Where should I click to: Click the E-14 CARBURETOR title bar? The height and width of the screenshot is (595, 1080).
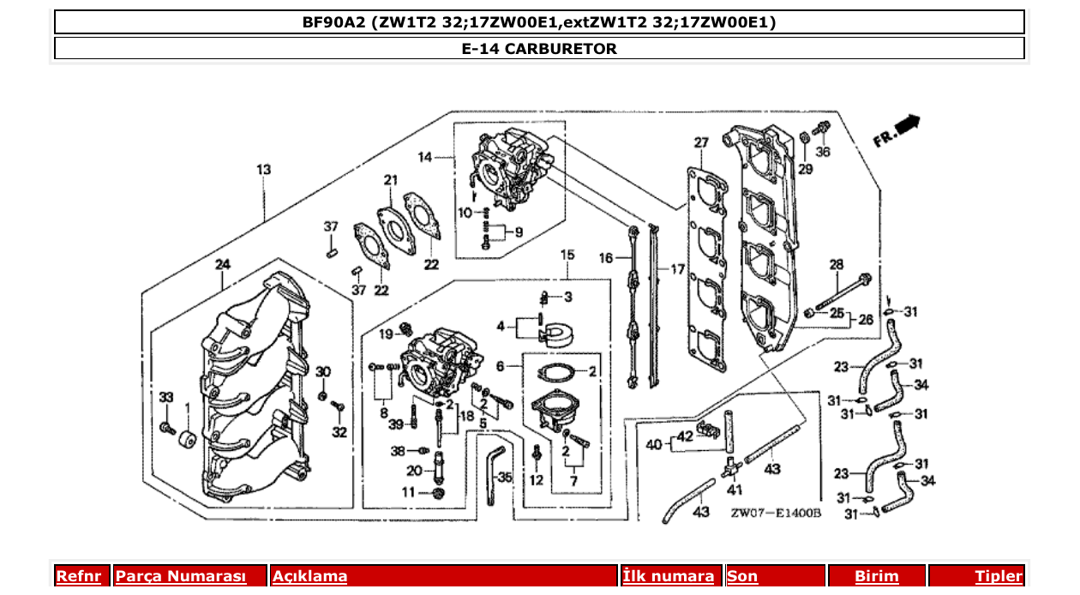tap(539, 49)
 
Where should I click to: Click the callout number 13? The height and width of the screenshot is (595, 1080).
tap(263, 170)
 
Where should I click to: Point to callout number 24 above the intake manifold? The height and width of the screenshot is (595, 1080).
tap(222, 264)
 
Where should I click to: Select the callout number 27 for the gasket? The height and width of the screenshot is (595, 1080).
tap(701, 142)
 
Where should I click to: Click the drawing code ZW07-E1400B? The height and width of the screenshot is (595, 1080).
tap(776, 513)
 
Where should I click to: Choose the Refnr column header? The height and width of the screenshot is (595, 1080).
tap(78, 576)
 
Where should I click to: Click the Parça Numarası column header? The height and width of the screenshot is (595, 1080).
tap(181, 576)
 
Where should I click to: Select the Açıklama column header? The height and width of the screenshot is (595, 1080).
tap(309, 576)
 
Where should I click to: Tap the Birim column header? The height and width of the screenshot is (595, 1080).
tap(876, 576)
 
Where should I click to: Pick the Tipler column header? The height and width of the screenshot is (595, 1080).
tap(999, 576)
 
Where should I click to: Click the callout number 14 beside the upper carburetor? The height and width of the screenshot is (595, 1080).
tap(426, 157)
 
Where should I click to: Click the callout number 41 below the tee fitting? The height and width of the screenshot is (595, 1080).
tap(735, 490)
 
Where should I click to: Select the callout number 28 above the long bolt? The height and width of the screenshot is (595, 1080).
tap(836, 265)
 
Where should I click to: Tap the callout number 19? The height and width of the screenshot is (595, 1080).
tap(386, 334)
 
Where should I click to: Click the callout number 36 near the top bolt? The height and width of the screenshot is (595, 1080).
tap(823, 152)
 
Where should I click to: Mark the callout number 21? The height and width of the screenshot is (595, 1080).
tap(391, 180)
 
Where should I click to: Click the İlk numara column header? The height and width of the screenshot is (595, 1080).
tap(668, 576)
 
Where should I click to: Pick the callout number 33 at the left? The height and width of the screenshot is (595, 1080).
tap(166, 397)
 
